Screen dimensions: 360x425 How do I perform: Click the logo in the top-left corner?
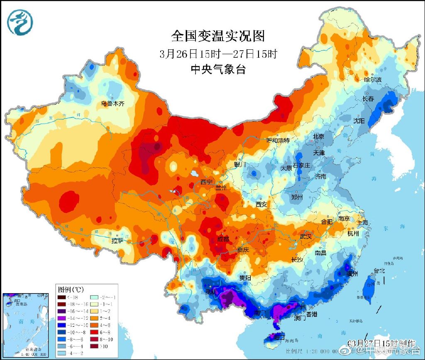20,22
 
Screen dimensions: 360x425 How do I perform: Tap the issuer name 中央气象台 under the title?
218,69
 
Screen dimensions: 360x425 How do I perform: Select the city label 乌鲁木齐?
113,104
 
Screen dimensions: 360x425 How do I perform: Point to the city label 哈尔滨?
372,79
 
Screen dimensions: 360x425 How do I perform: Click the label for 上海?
362,223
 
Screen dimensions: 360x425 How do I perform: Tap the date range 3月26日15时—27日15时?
218,54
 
